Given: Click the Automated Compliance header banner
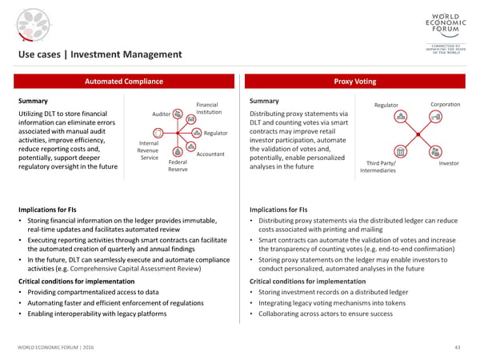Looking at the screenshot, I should (x=124, y=82).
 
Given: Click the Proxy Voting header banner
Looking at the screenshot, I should (x=357, y=82).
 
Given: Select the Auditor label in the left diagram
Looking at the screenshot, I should (x=161, y=114).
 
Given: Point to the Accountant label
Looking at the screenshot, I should (x=209, y=154).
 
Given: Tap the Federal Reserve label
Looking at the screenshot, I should (x=178, y=166).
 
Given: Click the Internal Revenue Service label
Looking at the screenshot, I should (x=149, y=150).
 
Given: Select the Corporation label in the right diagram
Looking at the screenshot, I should (x=445, y=105).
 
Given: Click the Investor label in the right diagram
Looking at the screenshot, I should (x=449, y=165).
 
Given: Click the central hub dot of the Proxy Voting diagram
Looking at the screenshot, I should (x=418, y=134).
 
